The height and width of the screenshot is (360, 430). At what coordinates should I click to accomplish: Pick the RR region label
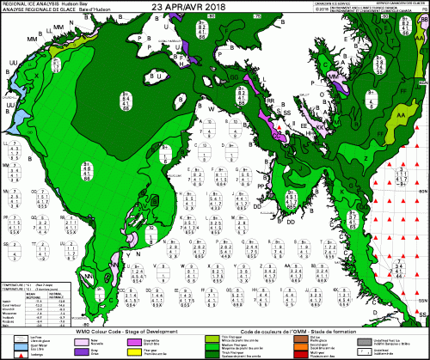pyautogui.click(x=270, y=101)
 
